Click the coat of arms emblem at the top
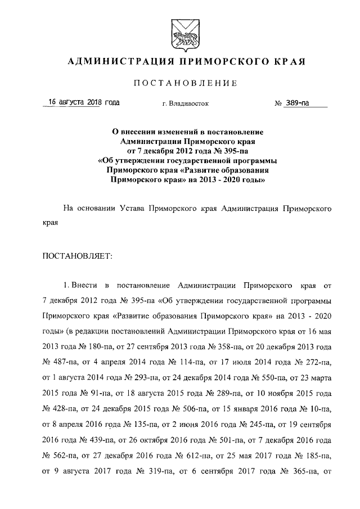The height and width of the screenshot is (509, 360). coord(180,32)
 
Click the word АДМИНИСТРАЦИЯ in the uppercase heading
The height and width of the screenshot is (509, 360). coord(111,61)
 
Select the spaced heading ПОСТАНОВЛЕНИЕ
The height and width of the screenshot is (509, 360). coord(181,83)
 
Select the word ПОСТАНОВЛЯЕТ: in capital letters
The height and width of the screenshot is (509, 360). coord(78,256)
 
